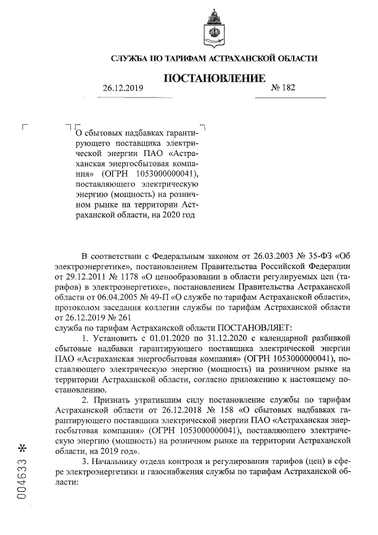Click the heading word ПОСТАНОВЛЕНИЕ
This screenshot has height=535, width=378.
[214, 78]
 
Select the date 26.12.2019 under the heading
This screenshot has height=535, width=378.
[123, 88]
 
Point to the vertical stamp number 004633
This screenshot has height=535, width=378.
[23, 478]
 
